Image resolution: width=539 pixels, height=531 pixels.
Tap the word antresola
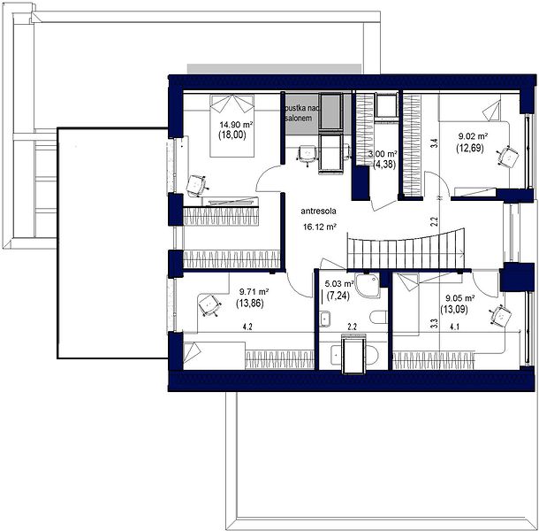pyautogui.click(x=318, y=212)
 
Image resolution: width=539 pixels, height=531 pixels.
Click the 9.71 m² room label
pyautogui.click(x=254, y=292)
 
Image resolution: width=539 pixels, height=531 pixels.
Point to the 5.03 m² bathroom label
pyautogui.click(x=339, y=284)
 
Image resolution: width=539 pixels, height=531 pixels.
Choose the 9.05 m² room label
pyautogui.click(x=460, y=298)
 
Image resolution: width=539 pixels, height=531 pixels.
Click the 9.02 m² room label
pyautogui.click(x=474, y=136)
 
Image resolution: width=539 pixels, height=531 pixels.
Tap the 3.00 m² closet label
pyautogui.click(x=383, y=154)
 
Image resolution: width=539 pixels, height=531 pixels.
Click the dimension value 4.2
pyautogui.click(x=247, y=327)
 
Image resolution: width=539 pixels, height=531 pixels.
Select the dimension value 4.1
pyautogui.click(x=454, y=327)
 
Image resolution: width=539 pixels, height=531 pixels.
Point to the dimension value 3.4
pyautogui.click(x=435, y=142)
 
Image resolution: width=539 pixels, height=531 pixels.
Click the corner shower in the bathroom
pyautogui.click(x=368, y=286)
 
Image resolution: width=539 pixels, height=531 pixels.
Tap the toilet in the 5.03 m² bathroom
pyautogui.click(x=379, y=317)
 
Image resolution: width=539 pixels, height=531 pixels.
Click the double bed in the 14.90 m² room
pyautogui.click(x=232, y=126)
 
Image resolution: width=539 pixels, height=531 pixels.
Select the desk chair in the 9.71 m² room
pyautogui.click(x=209, y=305)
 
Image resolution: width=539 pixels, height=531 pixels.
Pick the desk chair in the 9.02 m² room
pyautogui.click(x=508, y=157)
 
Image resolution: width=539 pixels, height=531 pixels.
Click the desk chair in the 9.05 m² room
pyautogui.click(x=500, y=315)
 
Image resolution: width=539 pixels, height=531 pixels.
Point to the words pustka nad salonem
pyautogui.click(x=302, y=113)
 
